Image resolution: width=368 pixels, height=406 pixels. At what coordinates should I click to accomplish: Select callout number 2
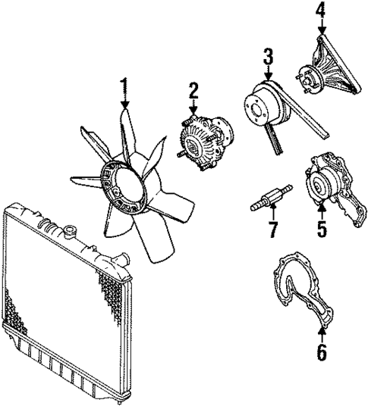point(194,91)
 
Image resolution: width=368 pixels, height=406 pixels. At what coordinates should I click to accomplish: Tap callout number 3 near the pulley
point(267,57)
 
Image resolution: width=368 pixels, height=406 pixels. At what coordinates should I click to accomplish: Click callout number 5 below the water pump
point(322,227)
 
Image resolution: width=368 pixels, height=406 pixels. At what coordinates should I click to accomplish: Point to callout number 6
point(322,351)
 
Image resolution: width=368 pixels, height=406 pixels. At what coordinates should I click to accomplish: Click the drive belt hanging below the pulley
point(275,140)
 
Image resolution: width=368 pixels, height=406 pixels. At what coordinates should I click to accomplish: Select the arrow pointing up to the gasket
point(322,333)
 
